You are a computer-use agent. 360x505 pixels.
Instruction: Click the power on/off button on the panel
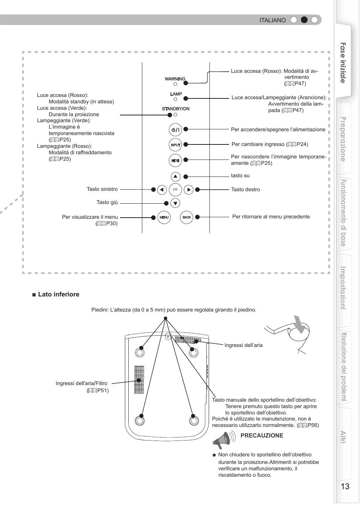[x=175, y=130]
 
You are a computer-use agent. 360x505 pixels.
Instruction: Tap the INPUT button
[x=175, y=145]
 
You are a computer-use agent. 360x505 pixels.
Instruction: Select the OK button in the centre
[x=175, y=190]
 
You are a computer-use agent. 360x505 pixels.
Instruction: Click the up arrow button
[x=175, y=177]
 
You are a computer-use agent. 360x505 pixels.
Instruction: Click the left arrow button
[x=162, y=190]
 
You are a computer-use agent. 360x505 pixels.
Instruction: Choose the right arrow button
[x=189, y=190]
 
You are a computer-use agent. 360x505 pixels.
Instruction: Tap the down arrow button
[x=175, y=203]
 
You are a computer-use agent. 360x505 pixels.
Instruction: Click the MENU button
[x=164, y=217]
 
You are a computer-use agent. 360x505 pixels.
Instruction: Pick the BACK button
[x=186, y=217]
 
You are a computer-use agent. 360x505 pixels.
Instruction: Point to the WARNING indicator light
[x=175, y=84]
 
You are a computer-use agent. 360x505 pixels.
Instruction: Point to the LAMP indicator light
[x=175, y=99]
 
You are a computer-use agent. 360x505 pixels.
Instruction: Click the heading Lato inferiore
[x=58, y=295]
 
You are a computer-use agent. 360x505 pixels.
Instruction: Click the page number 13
[x=345, y=486]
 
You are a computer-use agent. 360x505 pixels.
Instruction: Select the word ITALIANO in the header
[x=272, y=20]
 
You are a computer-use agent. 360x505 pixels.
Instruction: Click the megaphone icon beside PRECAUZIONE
[x=222, y=440]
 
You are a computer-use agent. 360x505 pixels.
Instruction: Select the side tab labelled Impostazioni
[x=343, y=288]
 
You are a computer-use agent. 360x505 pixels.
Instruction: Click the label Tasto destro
[x=245, y=190]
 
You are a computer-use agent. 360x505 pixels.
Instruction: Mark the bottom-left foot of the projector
[x=140, y=419]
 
